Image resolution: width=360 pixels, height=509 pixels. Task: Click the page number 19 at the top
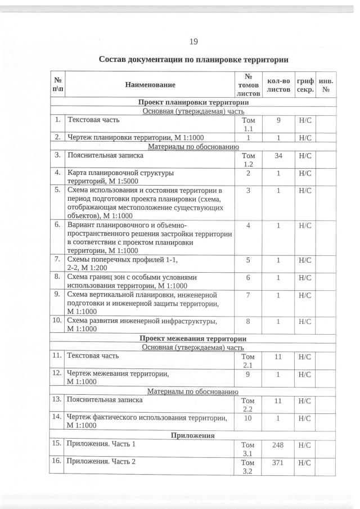193,41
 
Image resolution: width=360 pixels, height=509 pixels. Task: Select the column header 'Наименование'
150,84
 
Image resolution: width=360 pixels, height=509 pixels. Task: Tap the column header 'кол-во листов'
278,84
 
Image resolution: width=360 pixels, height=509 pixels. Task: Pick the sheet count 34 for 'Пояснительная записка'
278,155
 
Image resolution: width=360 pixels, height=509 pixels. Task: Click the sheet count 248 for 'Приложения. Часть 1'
278,445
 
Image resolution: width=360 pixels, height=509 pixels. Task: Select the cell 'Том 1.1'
248,124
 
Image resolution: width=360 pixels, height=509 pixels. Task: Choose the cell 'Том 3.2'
248,467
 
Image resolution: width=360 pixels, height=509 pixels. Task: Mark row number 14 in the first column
57,417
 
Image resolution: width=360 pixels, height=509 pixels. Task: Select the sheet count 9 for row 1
278,120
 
